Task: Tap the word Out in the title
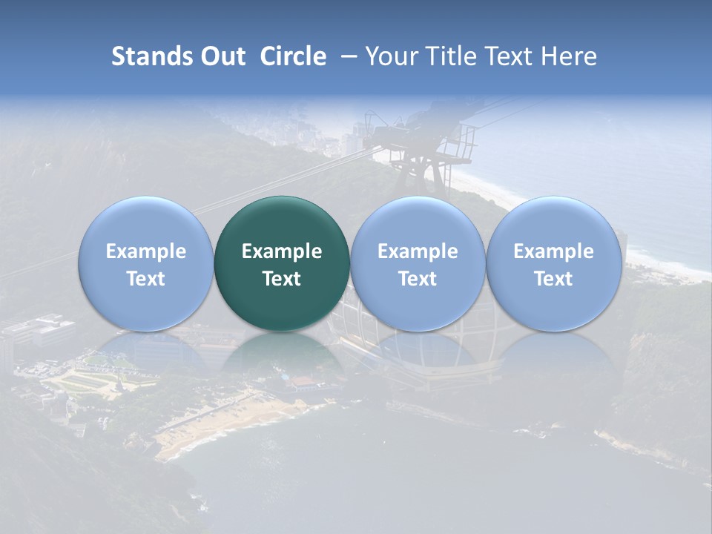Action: pyautogui.click(x=221, y=56)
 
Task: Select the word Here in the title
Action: pyautogui.click(x=569, y=56)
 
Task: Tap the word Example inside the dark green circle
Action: pyautogui.click(x=282, y=251)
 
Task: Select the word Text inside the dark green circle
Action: pyautogui.click(x=282, y=279)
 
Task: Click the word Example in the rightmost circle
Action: pyautogui.click(x=553, y=251)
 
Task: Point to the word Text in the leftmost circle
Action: pyautogui.click(x=145, y=279)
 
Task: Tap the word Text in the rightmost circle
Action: pyautogui.click(x=553, y=279)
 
